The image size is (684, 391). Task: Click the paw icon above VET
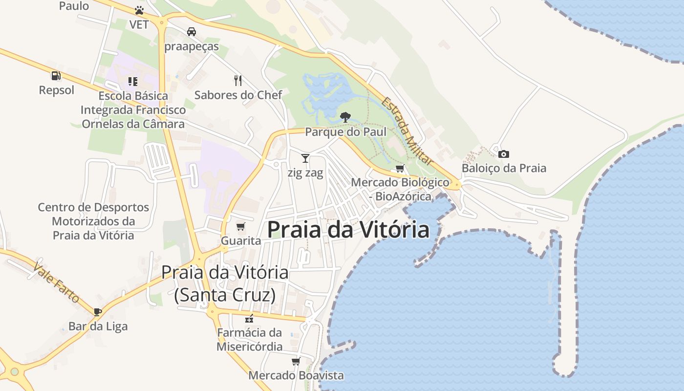[139, 10]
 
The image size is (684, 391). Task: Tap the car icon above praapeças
[192, 32]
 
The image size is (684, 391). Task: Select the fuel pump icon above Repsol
[56, 76]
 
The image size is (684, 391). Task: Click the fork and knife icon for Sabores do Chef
[238, 80]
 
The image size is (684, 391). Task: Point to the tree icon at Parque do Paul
[345, 117]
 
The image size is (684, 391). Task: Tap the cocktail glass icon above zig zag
[305, 158]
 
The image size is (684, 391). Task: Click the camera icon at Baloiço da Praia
[504, 154]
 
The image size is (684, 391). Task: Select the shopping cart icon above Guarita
[240, 226]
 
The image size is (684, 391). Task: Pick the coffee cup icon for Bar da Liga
[98, 312]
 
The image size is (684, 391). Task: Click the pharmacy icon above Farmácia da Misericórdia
[250, 319]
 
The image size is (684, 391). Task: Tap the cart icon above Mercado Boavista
[296, 362]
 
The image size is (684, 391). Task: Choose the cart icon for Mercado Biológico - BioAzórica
[400, 169]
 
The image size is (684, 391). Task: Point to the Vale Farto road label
[56, 282]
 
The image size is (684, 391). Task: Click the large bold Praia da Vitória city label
[348, 230]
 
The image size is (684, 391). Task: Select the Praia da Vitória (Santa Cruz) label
[225, 283]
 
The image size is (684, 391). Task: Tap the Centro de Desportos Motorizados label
[93, 221]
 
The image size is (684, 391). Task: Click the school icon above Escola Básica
[133, 81]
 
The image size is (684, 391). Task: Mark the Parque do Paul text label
[345, 132]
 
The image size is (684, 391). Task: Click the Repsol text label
[57, 90]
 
